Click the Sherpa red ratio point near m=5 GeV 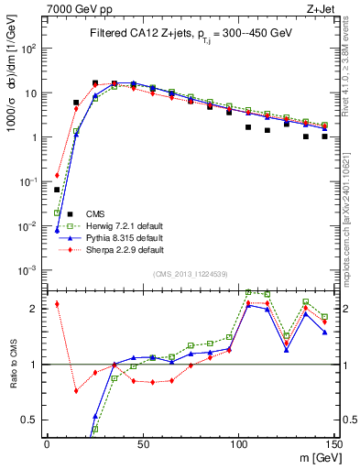click(57, 304)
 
